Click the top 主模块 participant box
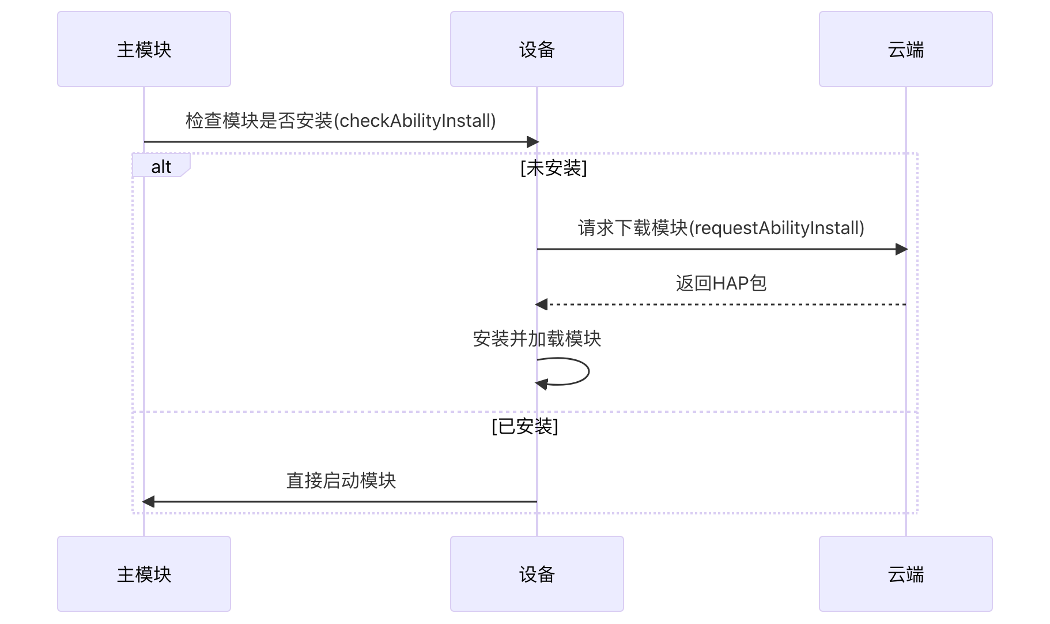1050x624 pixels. tap(144, 49)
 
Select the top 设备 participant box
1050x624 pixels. tap(537, 49)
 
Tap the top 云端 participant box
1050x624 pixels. tap(905, 49)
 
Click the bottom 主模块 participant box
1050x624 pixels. tap(144, 574)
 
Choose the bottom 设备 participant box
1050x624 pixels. tap(537, 574)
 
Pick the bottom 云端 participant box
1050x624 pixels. tap(905, 574)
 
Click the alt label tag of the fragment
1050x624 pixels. tap(161, 166)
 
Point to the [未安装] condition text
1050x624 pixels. tap(553, 168)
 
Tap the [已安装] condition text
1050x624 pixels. tap(524, 426)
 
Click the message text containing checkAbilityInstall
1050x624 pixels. tap(341, 121)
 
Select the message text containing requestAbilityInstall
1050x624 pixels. tap(721, 228)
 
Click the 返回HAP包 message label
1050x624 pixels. tap(721, 283)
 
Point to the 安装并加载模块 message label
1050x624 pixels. tap(537, 339)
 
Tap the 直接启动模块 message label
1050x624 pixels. tap(341, 480)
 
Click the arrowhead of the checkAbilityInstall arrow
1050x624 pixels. tap(532, 142)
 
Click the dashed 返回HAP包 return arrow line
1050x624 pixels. tap(721, 304)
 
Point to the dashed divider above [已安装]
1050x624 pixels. tap(346, 412)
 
